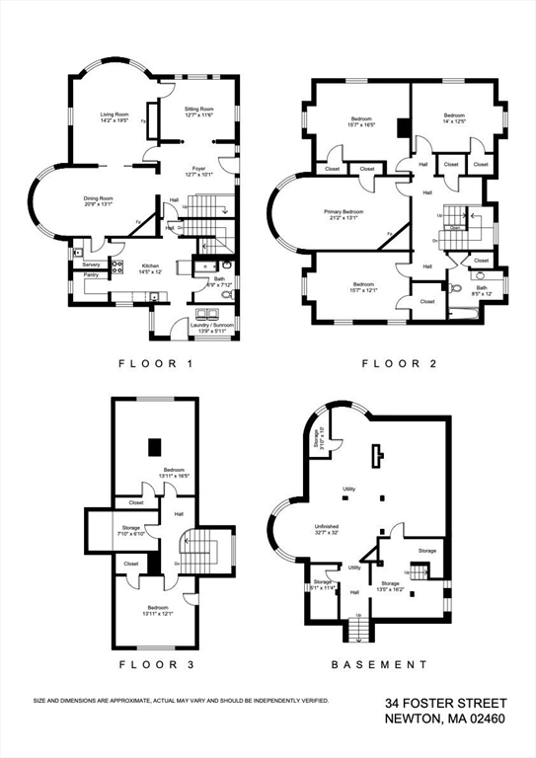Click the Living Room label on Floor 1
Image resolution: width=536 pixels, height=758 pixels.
(115, 117)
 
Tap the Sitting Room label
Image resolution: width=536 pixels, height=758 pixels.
(198, 113)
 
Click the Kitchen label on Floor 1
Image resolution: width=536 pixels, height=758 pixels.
(150, 267)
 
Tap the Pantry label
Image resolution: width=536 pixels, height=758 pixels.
(91, 274)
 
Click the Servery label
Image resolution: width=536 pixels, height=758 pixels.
(92, 265)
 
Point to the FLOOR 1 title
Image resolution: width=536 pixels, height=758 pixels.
(155, 364)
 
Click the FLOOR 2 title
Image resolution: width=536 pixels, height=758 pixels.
(398, 364)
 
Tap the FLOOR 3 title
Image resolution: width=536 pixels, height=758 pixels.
(155, 665)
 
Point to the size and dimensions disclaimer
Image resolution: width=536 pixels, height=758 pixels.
(181, 701)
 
